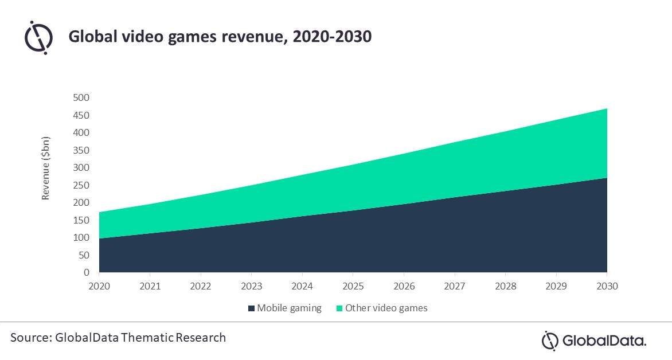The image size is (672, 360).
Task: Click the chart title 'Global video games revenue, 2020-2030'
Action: (x=220, y=37)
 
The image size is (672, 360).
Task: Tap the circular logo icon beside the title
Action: (x=38, y=37)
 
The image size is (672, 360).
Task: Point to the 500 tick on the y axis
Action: (x=81, y=97)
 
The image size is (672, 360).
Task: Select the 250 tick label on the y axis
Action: (x=81, y=185)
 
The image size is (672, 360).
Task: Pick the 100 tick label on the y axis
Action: (x=81, y=237)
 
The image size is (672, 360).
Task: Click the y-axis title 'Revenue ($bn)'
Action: (x=46, y=169)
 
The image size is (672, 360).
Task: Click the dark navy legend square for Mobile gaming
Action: (x=251, y=308)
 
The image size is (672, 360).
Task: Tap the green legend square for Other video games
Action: (x=339, y=308)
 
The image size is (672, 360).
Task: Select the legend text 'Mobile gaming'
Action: (x=289, y=308)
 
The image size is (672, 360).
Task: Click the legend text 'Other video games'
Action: (x=386, y=308)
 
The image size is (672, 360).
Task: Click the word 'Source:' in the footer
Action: (x=31, y=338)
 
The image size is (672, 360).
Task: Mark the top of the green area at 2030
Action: (x=607, y=109)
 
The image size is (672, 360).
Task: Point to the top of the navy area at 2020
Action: (x=100, y=238)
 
